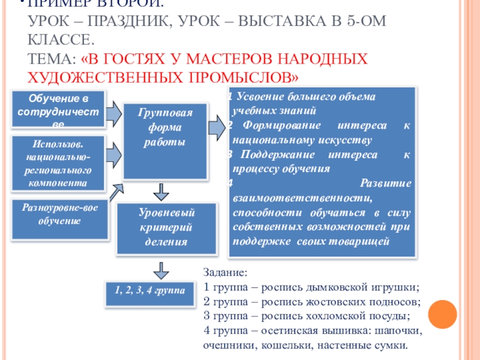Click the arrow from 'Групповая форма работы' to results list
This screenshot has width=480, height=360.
[215, 128]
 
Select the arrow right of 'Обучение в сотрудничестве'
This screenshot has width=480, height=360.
[113, 113]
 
